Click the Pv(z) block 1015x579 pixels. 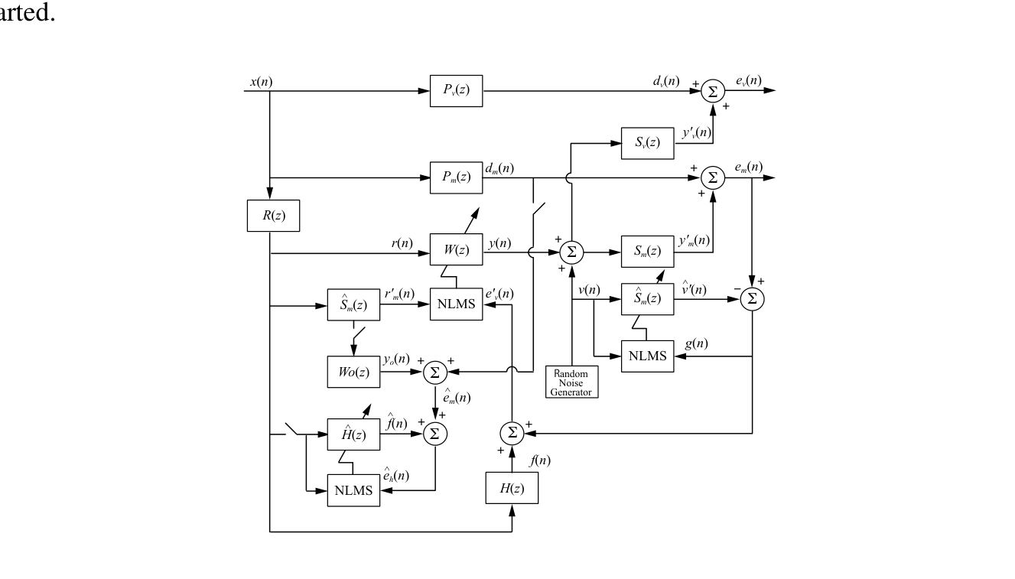coord(456,90)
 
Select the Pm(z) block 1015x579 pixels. coord(456,177)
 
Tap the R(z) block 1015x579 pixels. coord(273,216)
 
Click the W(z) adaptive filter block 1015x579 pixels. coord(456,250)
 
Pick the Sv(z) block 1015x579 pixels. coord(647,144)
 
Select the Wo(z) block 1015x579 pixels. coord(353,372)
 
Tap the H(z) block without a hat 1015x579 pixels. coord(512,489)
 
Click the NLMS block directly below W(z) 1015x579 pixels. coord(456,304)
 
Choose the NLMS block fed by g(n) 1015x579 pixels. coord(647,356)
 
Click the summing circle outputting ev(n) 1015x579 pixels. coord(713,90)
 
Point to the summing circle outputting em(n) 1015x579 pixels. coord(713,177)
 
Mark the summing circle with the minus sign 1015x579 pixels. coord(752,299)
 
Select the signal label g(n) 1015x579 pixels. coord(696,344)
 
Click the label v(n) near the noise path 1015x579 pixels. coord(588,289)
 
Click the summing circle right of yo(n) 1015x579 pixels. coord(435,372)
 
